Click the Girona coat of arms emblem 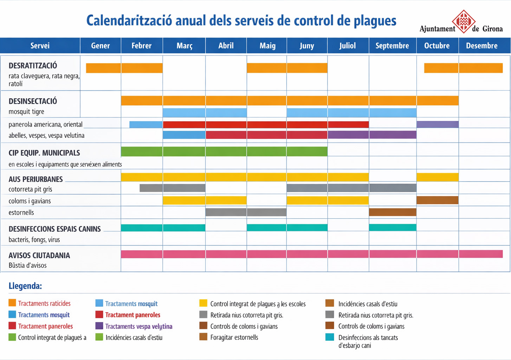(x=464, y=21)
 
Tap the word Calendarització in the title (x=129, y=21)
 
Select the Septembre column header (x=392, y=46)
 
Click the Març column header (x=184, y=46)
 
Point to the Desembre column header (x=481, y=46)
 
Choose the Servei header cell (x=40, y=46)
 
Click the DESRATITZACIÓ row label (x=33, y=66)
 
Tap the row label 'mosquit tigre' (x=26, y=112)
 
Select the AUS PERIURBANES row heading (x=35, y=179)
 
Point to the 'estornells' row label (x=21, y=212)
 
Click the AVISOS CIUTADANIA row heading (x=39, y=256)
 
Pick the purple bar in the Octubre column (x=437, y=124)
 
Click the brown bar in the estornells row (x=393, y=212)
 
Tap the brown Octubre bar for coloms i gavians (x=437, y=200)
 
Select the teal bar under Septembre (x=393, y=227)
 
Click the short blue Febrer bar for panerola (x=146, y=124)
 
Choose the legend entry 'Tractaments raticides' (x=44, y=303)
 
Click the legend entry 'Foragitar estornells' (x=234, y=337)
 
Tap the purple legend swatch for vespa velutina (x=99, y=326)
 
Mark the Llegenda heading (x=25, y=286)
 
